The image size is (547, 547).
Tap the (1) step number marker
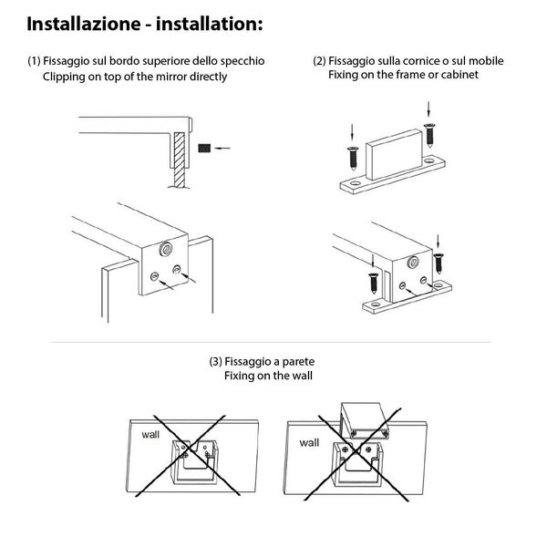click(34, 61)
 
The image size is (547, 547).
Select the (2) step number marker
click(319, 61)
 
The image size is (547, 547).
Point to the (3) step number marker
click(216, 361)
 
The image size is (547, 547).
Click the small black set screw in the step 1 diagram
click(204, 146)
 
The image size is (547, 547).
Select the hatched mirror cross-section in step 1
click(180, 151)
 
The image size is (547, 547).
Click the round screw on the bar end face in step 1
click(166, 249)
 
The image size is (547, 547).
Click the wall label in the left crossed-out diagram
click(150, 435)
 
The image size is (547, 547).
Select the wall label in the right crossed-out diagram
click(309, 442)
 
